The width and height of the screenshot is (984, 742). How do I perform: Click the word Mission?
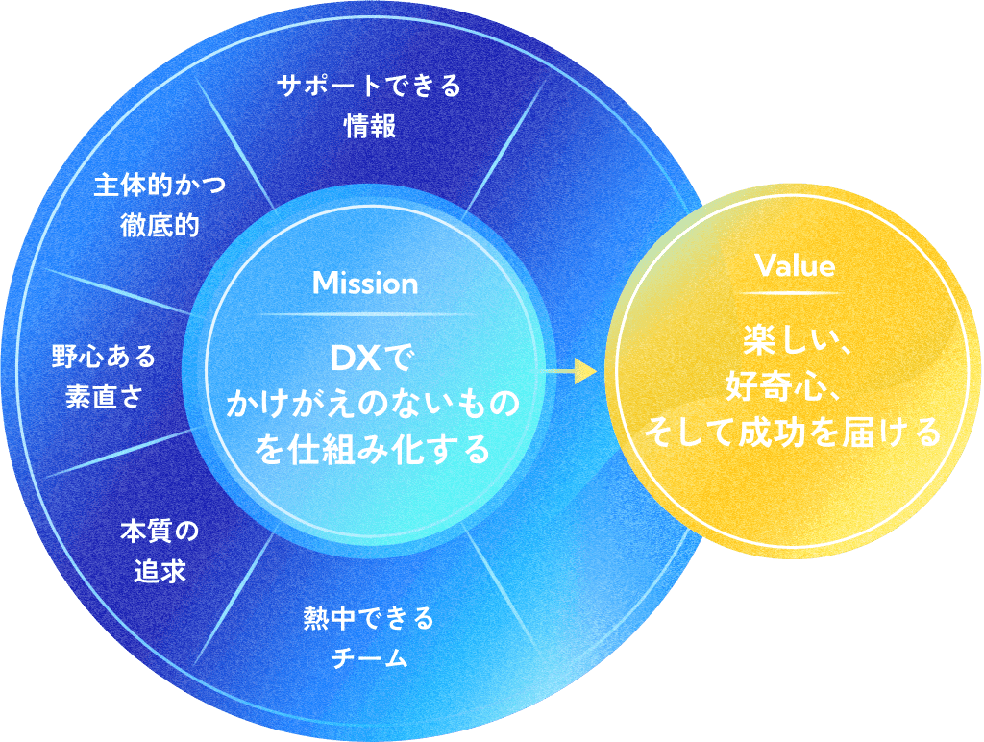[x=365, y=284]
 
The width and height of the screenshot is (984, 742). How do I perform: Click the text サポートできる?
[x=369, y=87]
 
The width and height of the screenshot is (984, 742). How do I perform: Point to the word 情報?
[x=369, y=128]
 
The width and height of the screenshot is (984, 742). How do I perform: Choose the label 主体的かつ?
[x=160, y=185]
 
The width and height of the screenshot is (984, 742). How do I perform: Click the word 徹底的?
[x=160, y=227]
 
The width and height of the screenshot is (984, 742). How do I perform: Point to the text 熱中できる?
[x=369, y=617]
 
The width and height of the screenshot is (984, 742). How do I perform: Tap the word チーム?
[x=369, y=658]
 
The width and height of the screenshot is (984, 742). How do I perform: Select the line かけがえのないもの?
[x=371, y=405]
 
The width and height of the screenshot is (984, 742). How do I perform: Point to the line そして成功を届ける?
[x=794, y=433]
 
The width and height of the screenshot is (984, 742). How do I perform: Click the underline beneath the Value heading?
[x=794, y=291]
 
